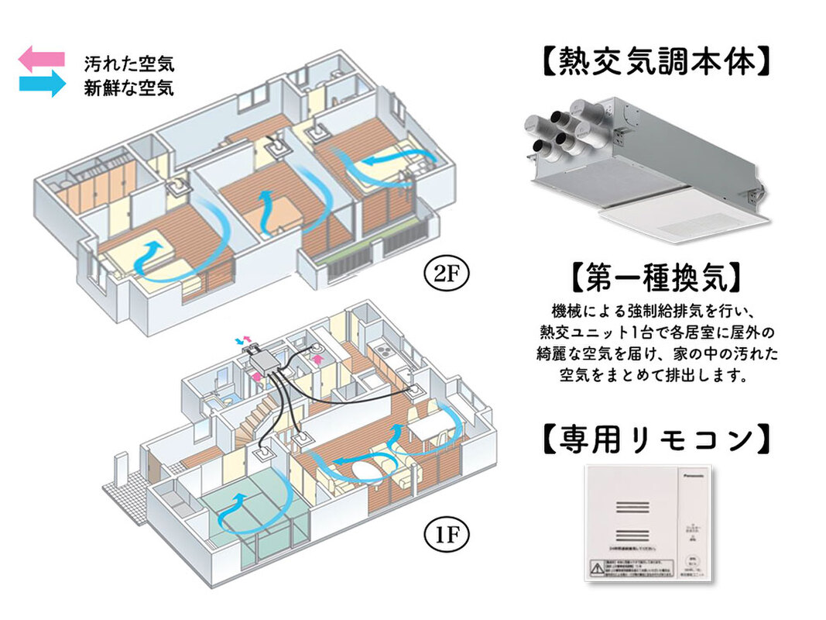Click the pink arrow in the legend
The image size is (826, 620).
[42, 59]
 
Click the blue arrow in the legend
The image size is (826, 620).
[42, 84]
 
